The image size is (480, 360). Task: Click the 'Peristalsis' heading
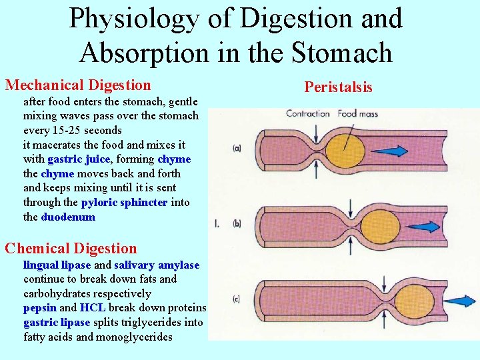tap(338, 87)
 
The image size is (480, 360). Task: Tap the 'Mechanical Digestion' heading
tap(78, 85)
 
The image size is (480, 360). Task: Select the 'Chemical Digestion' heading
tap(71, 249)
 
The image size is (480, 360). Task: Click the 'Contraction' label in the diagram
tap(308, 113)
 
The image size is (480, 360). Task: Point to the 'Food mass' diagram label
tap(357, 113)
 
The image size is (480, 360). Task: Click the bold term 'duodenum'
tap(68, 217)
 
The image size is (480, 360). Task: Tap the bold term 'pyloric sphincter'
tap(124, 203)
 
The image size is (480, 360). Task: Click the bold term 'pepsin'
tap(40, 308)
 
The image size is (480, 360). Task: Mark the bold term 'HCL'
tap(93, 308)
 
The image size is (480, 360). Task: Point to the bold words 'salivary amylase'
tap(157, 265)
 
